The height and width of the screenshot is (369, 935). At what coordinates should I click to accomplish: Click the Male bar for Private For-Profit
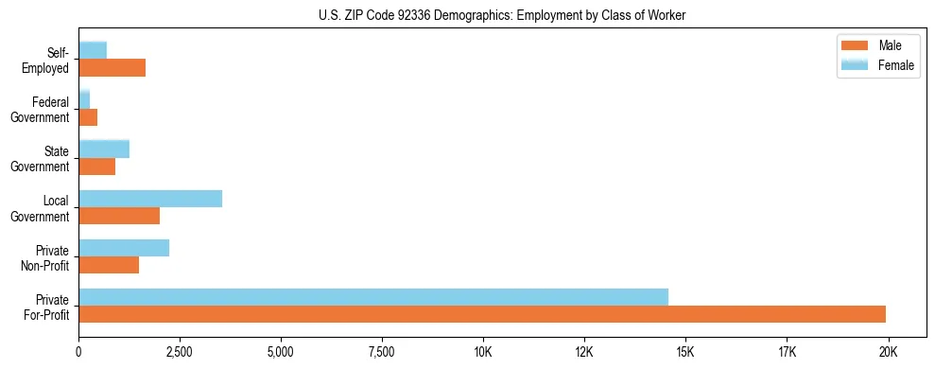[482, 314]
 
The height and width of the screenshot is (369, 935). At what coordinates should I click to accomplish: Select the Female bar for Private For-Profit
[373, 296]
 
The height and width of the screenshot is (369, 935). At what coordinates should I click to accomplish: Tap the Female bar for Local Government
[150, 198]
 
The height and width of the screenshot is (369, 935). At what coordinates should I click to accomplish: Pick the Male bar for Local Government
[119, 216]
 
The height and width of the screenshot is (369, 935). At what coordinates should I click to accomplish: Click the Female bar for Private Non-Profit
[124, 247]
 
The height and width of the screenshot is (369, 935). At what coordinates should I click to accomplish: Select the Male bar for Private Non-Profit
[109, 265]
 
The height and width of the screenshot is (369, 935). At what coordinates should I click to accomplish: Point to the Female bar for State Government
[104, 149]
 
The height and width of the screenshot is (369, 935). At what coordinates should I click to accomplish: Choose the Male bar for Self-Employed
[112, 67]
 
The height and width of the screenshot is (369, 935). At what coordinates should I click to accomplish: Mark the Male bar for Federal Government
[88, 117]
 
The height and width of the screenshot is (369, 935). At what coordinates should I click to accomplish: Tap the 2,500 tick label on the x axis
[180, 352]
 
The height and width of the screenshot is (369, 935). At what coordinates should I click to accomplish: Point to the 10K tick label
[482, 352]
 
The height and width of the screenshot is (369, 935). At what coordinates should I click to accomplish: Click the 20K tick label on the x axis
[888, 352]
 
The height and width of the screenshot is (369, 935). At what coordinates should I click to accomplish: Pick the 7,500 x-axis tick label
[382, 352]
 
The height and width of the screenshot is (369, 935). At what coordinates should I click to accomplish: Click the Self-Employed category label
[49, 60]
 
